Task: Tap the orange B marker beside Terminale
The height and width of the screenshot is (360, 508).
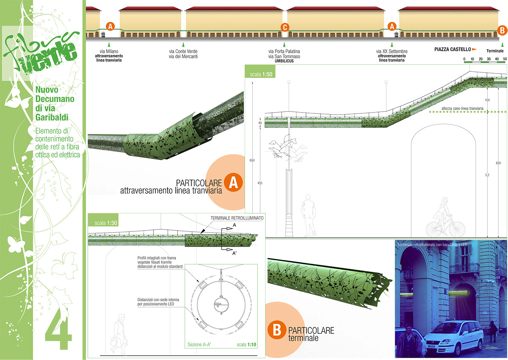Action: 502,30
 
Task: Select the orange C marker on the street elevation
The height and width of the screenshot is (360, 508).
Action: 285,27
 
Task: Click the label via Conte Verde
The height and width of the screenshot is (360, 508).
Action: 183,52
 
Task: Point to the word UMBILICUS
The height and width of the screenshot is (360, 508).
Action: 284,61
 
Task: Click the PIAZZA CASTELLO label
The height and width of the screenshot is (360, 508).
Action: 453,49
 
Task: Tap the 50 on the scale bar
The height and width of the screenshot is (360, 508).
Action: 505,59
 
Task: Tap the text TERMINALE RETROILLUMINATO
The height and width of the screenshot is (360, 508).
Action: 237,218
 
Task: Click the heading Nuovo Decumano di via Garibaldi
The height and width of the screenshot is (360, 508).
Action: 55,105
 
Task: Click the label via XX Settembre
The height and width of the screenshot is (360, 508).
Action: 392,52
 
